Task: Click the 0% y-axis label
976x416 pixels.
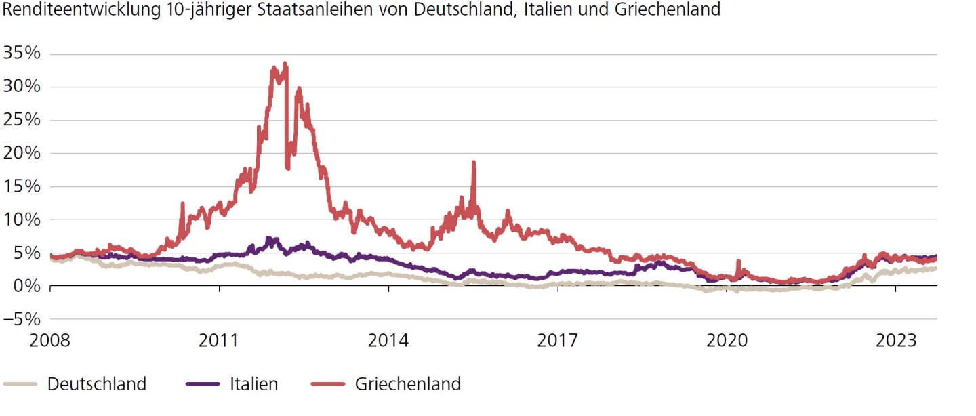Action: [x=26, y=286]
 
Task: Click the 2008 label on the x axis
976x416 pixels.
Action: [x=50, y=340]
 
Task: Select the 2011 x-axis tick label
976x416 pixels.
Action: [x=219, y=340]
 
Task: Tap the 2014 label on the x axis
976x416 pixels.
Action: [x=388, y=340]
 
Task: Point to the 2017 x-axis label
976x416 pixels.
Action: [x=558, y=340]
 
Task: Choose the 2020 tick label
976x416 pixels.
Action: [x=727, y=340]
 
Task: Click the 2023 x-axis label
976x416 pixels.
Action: [x=896, y=340]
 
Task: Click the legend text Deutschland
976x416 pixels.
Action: [x=97, y=384]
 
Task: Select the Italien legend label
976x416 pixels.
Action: [x=254, y=384]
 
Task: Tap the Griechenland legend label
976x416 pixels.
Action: [x=408, y=384]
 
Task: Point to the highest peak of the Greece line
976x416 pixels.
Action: [x=285, y=63]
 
